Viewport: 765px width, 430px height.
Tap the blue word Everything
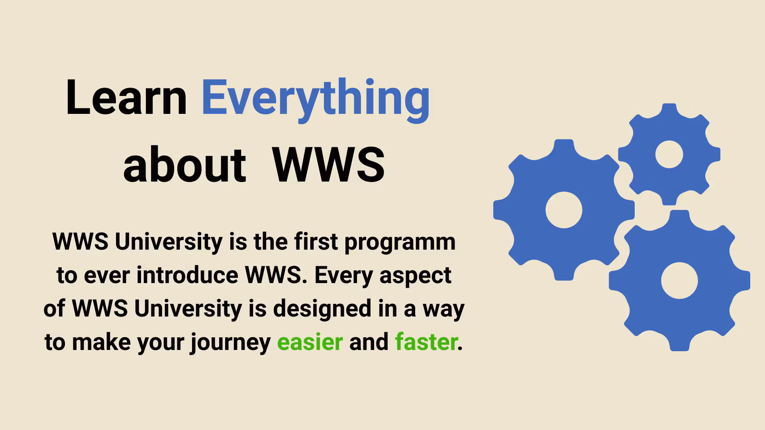coord(316,98)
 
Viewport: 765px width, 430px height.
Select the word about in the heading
coord(184,165)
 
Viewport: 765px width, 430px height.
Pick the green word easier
coord(310,342)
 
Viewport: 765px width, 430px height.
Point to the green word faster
coord(426,342)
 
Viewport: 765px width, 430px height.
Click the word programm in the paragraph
coord(400,242)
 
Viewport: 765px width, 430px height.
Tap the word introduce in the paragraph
coord(187,275)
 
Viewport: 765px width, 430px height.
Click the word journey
coord(230,343)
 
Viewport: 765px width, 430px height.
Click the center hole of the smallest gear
coord(669,154)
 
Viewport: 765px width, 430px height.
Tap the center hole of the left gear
coord(564,210)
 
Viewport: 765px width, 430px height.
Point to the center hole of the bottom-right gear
coord(679,280)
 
